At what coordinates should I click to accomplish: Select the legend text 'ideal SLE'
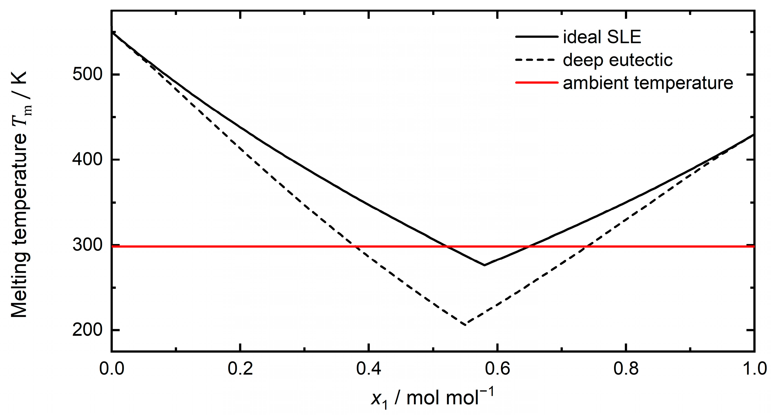pyautogui.click(x=602, y=37)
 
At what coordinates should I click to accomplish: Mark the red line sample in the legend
pyautogui.click(x=537, y=82)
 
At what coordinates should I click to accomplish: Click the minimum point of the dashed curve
pyautogui.click(x=465, y=325)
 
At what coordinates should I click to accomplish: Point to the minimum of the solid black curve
pyautogui.click(x=484, y=265)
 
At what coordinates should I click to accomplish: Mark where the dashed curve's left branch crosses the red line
pyautogui.click(x=355, y=246)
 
